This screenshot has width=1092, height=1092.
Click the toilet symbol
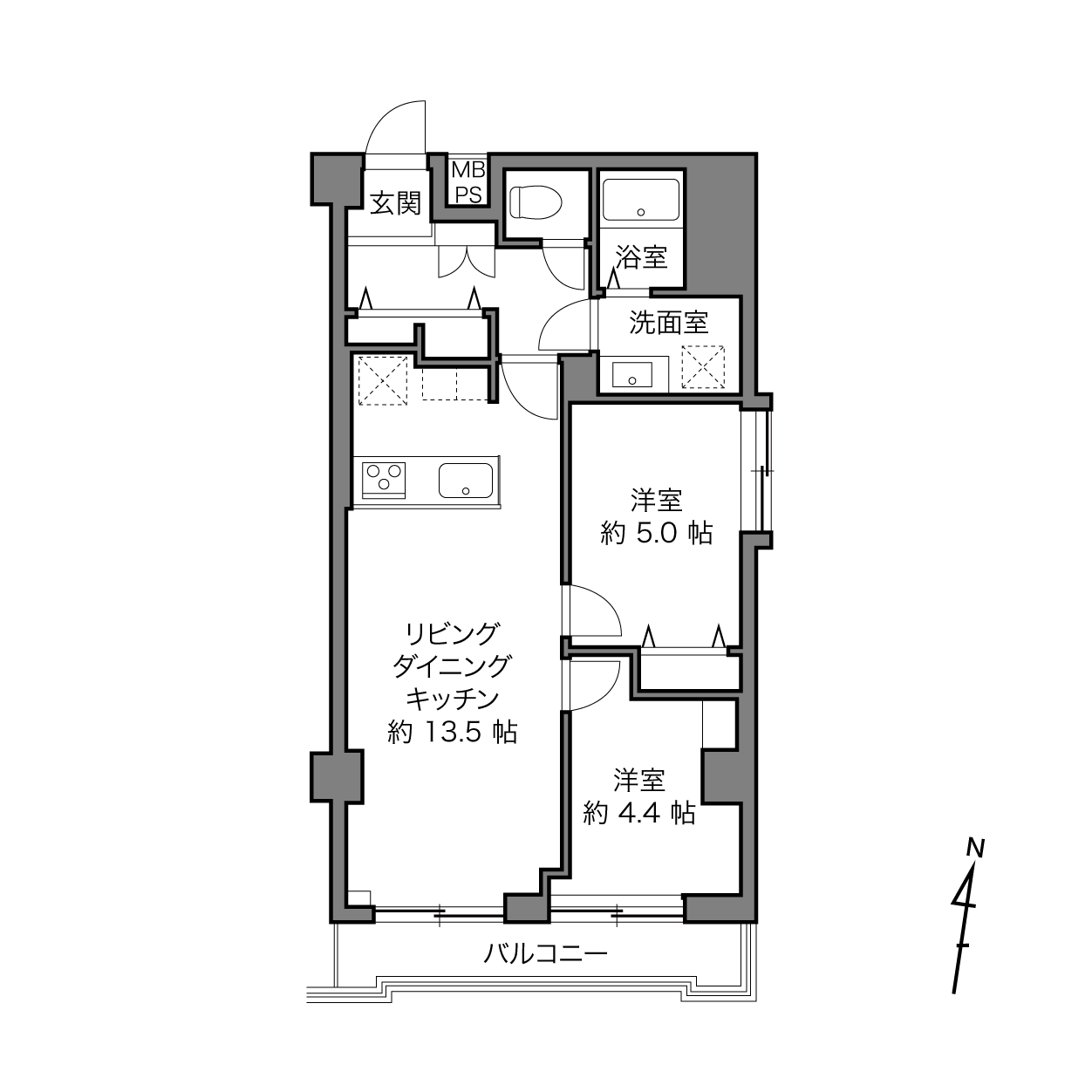coord(535,202)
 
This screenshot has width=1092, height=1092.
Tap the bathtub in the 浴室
coord(640,200)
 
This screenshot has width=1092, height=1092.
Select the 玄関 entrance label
coord(396,203)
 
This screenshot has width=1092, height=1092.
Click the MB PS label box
coord(468,182)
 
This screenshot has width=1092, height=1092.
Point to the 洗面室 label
coord(669,323)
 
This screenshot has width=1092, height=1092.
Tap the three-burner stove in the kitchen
coord(384,481)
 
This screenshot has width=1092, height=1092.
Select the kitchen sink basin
coord(465,481)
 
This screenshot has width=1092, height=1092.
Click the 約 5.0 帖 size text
coord(656,533)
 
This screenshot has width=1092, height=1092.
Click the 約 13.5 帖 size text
coord(452,732)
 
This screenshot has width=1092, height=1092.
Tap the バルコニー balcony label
coord(545,954)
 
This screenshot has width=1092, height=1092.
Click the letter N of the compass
coord(975,849)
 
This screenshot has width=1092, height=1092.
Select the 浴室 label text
coord(641,258)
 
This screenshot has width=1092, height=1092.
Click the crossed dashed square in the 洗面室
coord(703,367)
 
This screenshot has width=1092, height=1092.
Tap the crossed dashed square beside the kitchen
coord(383,380)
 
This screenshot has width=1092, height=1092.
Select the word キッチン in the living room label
coord(452,700)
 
